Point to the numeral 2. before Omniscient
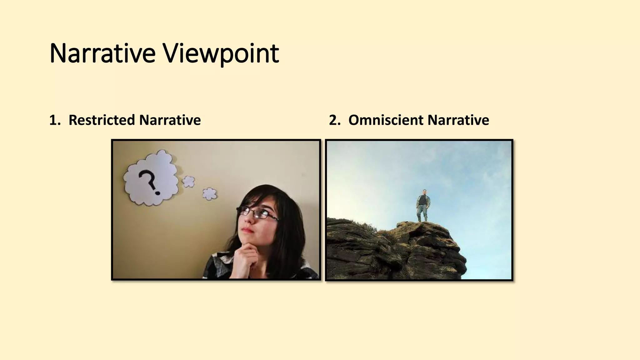[334, 120]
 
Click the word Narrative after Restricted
[170, 120]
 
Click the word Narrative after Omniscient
[458, 120]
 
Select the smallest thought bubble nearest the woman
[209, 194]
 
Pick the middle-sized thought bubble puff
[188, 181]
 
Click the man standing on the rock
[422, 205]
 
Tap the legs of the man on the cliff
[422, 215]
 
